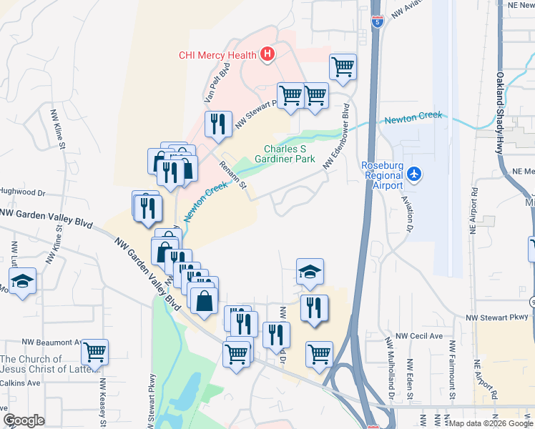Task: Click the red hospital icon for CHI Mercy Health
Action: pos(267,54)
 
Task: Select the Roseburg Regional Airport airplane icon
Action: pos(414,174)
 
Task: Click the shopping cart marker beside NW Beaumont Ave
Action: pos(94,352)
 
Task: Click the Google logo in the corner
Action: pos(24,420)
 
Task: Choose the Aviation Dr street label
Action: pos(407,214)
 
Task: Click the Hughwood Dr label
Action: pos(22,193)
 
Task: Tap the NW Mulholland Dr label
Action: pos(391,368)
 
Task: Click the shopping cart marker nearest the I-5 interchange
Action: pos(319,354)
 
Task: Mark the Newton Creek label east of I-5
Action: pos(413,119)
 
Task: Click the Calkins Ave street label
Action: pos(20,383)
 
